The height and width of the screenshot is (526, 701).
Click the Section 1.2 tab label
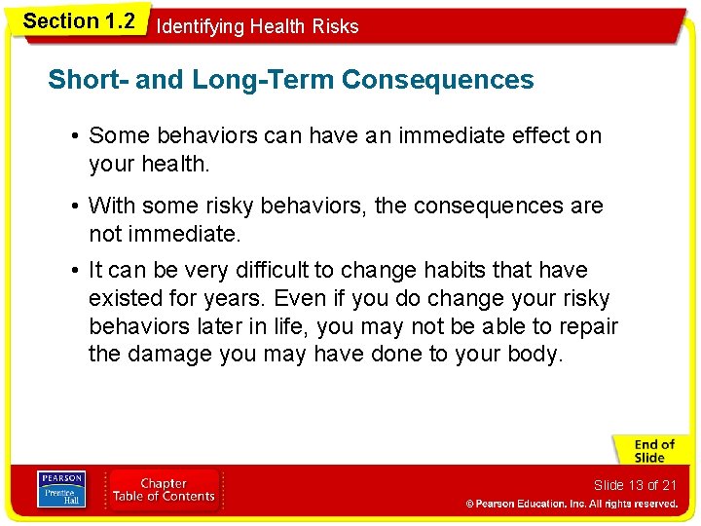(x=78, y=20)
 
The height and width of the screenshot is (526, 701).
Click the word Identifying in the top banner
(x=201, y=27)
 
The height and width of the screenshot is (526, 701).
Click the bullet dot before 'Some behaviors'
(x=75, y=136)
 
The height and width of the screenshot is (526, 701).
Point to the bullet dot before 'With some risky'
(x=75, y=207)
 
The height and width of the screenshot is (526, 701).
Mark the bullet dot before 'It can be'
(x=75, y=270)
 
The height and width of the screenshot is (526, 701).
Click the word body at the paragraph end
(x=535, y=355)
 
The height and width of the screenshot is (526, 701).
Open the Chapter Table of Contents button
(x=164, y=490)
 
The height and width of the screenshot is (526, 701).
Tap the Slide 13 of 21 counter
(x=635, y=485)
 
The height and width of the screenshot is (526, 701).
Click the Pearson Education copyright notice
(x=571, y=505)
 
